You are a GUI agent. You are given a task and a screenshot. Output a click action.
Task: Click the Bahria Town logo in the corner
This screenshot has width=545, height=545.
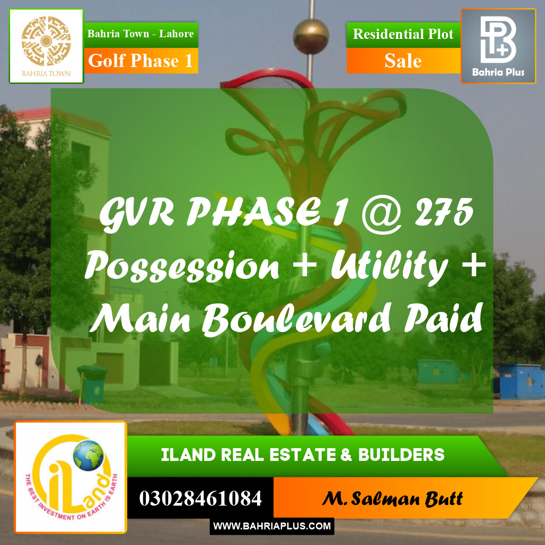[x=46, y=46]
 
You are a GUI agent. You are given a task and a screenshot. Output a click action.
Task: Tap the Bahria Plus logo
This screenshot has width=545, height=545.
[x=498, y=46]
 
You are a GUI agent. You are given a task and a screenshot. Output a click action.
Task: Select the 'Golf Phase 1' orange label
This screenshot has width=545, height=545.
[x=141, y=61]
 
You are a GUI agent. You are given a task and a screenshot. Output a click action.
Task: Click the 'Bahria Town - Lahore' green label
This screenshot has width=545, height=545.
[x=141, y=34]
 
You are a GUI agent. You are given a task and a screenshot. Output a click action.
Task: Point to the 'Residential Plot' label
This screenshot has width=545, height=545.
[x=403, y=34]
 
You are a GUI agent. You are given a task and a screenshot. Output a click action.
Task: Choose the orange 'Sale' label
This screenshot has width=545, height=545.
[x=403, y=61]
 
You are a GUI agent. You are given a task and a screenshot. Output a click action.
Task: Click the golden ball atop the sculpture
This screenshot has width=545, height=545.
[x=310, y=36]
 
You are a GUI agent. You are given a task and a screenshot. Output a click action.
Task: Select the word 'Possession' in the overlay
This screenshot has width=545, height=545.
[x=183, y=266]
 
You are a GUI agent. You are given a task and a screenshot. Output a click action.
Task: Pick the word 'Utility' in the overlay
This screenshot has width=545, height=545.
[x=389, y=266]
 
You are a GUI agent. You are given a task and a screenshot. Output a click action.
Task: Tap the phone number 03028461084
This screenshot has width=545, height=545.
[x=200, y=499]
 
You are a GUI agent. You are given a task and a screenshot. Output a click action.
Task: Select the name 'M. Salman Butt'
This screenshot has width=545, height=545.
[x=392, y=499]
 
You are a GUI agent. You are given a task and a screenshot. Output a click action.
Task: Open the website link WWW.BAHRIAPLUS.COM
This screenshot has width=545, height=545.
[x=272, y=526]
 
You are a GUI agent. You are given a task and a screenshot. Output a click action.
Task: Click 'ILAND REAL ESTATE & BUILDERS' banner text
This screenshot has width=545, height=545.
[x=303, y=455]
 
